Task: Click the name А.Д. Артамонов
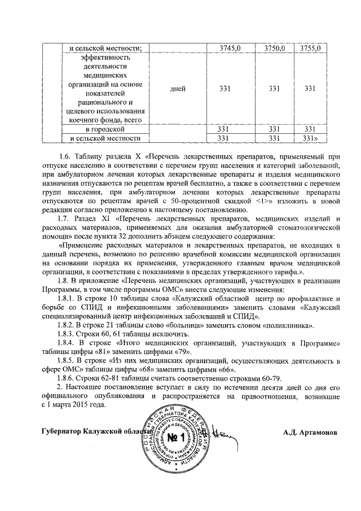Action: tap(311, 432)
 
